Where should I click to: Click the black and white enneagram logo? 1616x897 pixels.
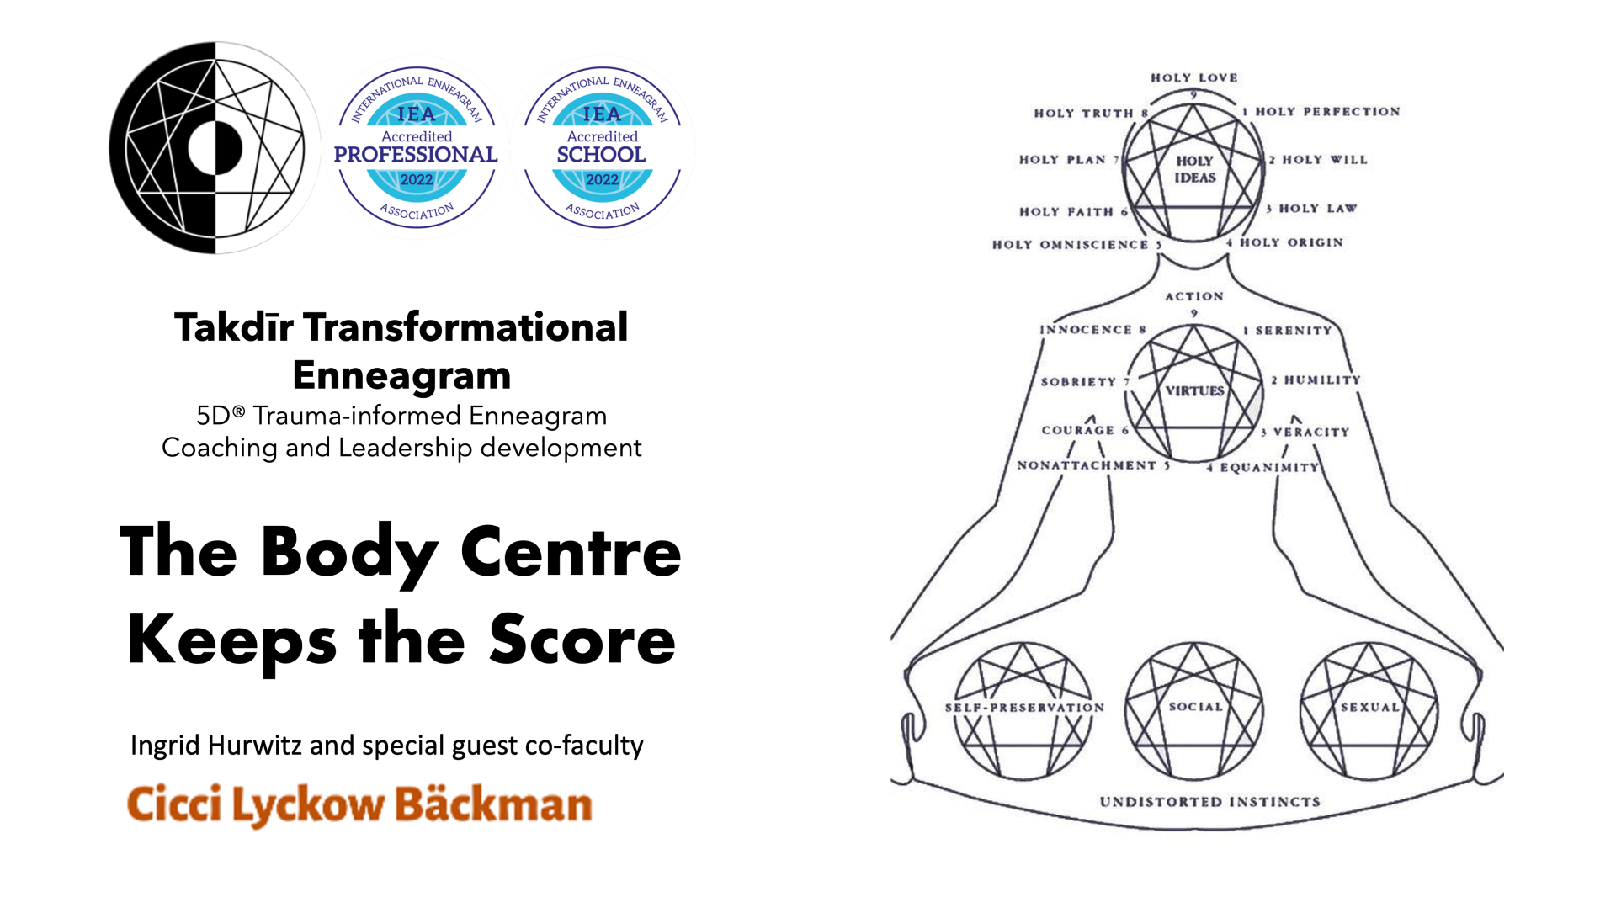pyautogui.click(x=215, y=148)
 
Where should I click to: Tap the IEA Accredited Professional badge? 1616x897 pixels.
pyautogui.click(x=417, y=148)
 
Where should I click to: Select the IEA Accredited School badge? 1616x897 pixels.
pyautogui.click(x=602, y=148)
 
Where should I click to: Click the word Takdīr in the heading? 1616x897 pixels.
pyautogui.click(x=233, y=327)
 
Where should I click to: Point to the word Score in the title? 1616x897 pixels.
pyautogui.click(x=582, y=640)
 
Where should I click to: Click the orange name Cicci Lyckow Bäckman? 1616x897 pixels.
pyautogui.click(x=359, y=804)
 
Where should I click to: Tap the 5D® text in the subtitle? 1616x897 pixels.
pyautogui.click(x=221, y=416)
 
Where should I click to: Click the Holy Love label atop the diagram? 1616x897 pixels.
pyautogui.click(x=1193, y=78)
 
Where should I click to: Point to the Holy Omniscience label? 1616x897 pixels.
pyautogui.click(x=1070, y=245)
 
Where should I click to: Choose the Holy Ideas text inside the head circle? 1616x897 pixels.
pyautogui.click(x=1194, y=169)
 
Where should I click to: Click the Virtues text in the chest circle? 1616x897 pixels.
pyautogui.click(x=1194, y=391)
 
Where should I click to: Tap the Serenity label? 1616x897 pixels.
pyautogui.click(x=1294, y=331)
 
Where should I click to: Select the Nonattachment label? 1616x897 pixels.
pyautogui.click(x=1087, y=465)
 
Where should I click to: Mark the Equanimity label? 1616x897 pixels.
pyautogui.click(x=1269, y=468)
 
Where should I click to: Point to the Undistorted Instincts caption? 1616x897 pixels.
pyautogui.click(x=1209, y=802)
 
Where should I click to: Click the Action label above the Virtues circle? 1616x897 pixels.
pyautogui.click(x=1193, y=297)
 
